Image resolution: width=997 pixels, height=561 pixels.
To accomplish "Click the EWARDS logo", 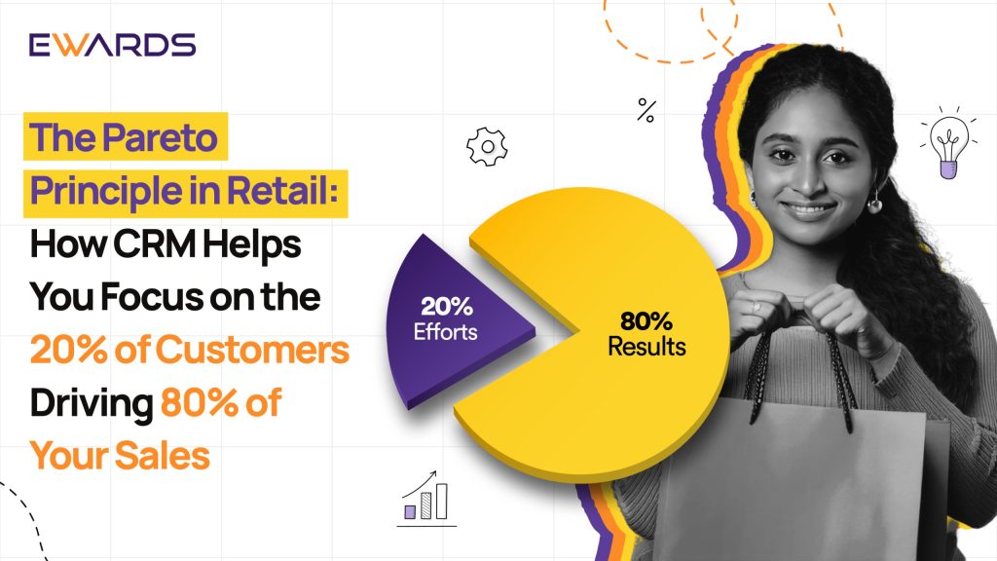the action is pos(112,45).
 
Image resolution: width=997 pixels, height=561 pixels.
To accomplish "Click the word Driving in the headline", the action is pos(92,404).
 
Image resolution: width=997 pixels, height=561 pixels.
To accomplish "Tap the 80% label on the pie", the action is pos(646,321).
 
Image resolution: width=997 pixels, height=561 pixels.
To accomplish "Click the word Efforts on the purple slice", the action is pos(445,332).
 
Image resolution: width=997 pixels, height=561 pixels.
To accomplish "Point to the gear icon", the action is pos(487,147).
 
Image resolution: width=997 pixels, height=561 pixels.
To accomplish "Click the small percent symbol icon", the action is pos(646,110).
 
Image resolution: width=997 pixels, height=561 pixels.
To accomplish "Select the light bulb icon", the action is pos(948,144).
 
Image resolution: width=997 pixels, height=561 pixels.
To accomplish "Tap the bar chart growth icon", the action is pos(426,499).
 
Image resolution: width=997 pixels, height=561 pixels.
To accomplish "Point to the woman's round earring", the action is pos(875,205).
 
